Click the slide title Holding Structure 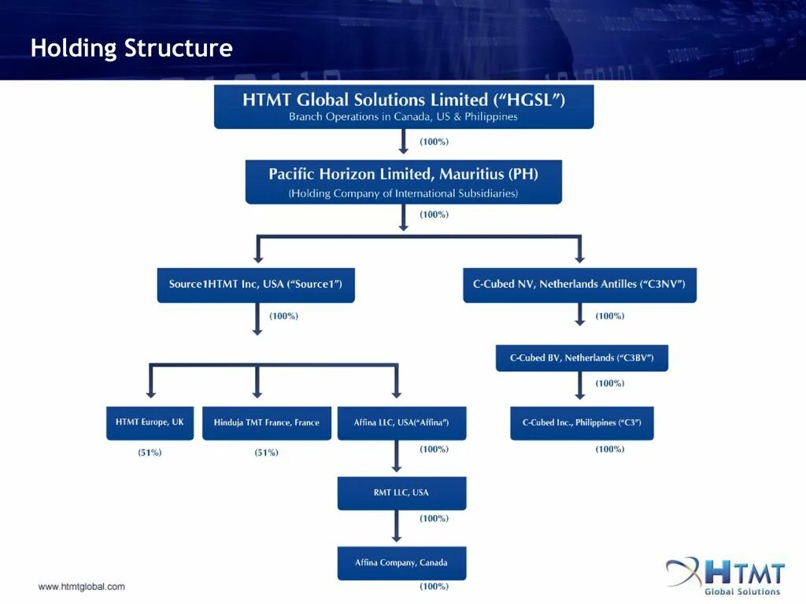pyautogui.click(x=131, y=48)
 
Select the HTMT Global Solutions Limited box pyautogui.click(x=404, y=107)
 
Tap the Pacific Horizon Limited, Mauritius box pyautogui.click(x=404, y=182)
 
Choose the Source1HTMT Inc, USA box pyautogui.click(x=256, y=285)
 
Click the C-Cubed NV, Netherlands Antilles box pyautogui.click(x=579, y=285)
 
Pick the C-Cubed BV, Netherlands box pyautogui.click(x=582, y=358)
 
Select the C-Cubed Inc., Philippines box pyautogui.click(x=582, y=423)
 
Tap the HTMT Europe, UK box pyautogui.click(x=150, y=423)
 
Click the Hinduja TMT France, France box pyautogui.click(x=267, y=423)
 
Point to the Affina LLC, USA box pyautogui.click(x=401, y=423)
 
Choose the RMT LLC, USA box pyautogui.click(x=401, y=493)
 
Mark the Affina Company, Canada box pyautogui.click(x=401, y=563)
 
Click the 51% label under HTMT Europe pyautogui.click(x=150, y=453)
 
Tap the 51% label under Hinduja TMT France pyautogui.click(x=266, y=453)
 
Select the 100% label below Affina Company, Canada pyautogui.click(x=434, y=587)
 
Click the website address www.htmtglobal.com pyautogui.click(x=82, y=587)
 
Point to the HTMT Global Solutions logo pyautogui.click(x=726, y=576)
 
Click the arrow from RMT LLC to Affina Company pyautogui.click(x=397, y=528)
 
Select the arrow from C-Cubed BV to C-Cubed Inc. pyautogui.click(x=580, y=387)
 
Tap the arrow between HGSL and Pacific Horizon pyautogui.click(x=404, y=142)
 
